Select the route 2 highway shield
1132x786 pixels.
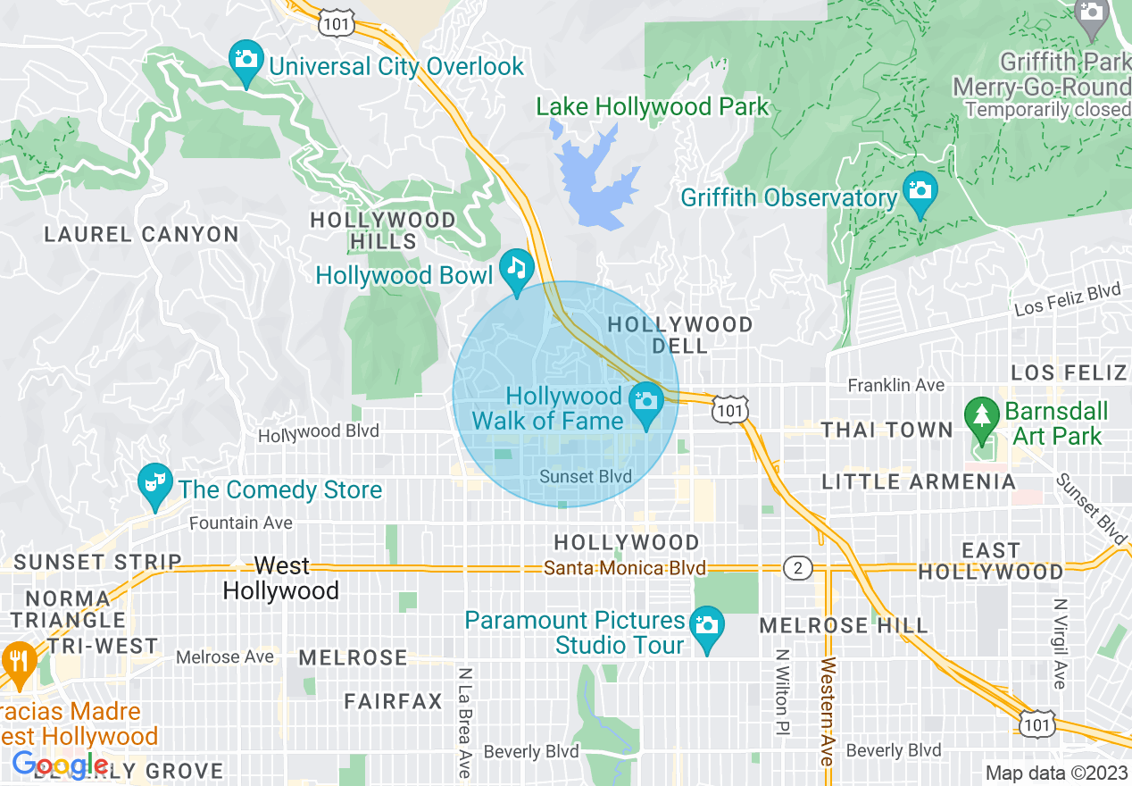pyautogui.click(x=796, y=568)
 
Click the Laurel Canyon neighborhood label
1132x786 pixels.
pyautogui.click(x=142, y=235)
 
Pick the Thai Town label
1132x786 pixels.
pyautogui.click(x=887, y=430)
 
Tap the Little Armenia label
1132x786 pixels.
pyautogui.click(x=919, y=482)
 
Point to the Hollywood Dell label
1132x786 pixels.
pyautogui.click(x=680, y=335)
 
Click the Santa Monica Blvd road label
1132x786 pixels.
pyautogui.click(x=625, y=568)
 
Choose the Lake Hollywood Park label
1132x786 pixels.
pyautogui.click(x=652, y=107)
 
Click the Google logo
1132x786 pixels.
pyautogui.click(x=60, y=765)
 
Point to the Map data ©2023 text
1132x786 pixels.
pyautogui.click(x=1056, y=773)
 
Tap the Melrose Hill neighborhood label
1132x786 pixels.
pyautogui.click(x=844, y=625)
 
